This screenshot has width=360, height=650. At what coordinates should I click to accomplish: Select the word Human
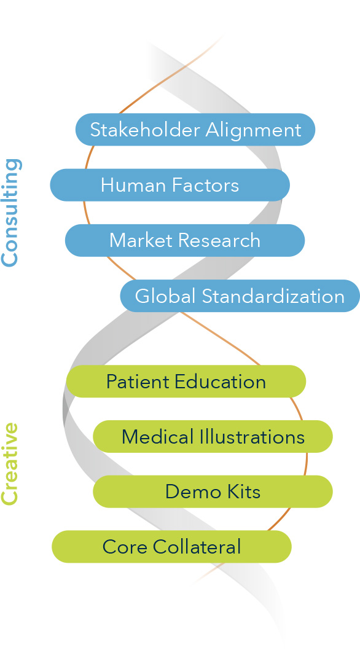click(133, 185)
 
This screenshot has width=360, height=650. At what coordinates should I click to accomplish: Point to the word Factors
click(206, 185)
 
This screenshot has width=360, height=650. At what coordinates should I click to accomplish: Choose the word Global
click(165, 296)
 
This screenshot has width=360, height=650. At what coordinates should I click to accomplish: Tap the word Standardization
click(273, 296)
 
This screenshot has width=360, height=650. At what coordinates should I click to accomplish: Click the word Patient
click(138, 382)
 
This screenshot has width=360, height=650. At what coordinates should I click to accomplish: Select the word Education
click(220, 382)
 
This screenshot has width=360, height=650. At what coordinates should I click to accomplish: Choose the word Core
click(125, 547)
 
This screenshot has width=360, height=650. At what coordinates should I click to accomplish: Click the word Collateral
click(197, 547)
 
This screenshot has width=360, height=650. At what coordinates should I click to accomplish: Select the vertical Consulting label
click(10, 212)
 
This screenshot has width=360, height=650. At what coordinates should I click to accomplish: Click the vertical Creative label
click(10, 464)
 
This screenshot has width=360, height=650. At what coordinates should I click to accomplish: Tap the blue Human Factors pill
click(170, 185)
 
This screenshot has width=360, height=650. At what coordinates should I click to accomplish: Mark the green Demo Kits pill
click(213, 491)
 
